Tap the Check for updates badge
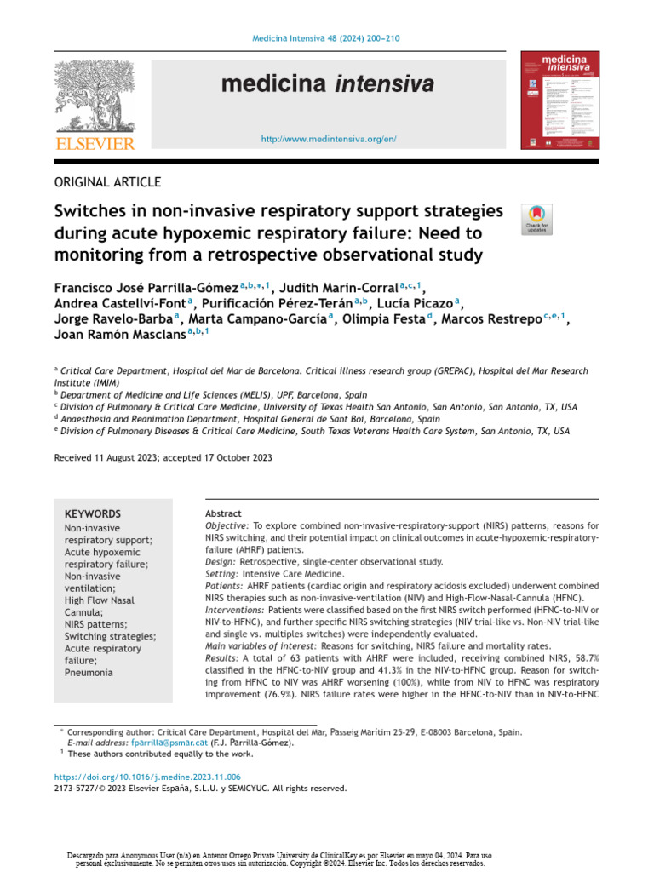coord(536,219)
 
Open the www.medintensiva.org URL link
coord(328,138)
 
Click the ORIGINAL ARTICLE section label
coord(107,181)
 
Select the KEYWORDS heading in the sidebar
coord(93,514)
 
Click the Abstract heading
coord(223,513)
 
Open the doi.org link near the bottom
coord(147,777)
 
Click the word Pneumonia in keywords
coord(89,672)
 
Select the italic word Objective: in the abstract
coord(227,526)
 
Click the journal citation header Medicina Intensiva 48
coord(327,39)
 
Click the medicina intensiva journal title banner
coord(327,84)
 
